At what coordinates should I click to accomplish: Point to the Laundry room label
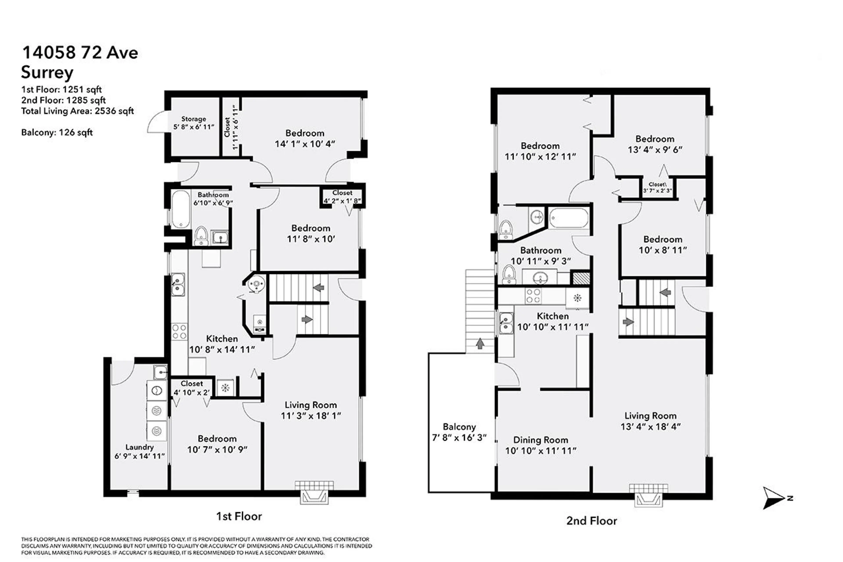139,447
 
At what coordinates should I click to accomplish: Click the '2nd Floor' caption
591,521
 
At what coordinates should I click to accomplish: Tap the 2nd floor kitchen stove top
533,296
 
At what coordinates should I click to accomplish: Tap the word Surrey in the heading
47,72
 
